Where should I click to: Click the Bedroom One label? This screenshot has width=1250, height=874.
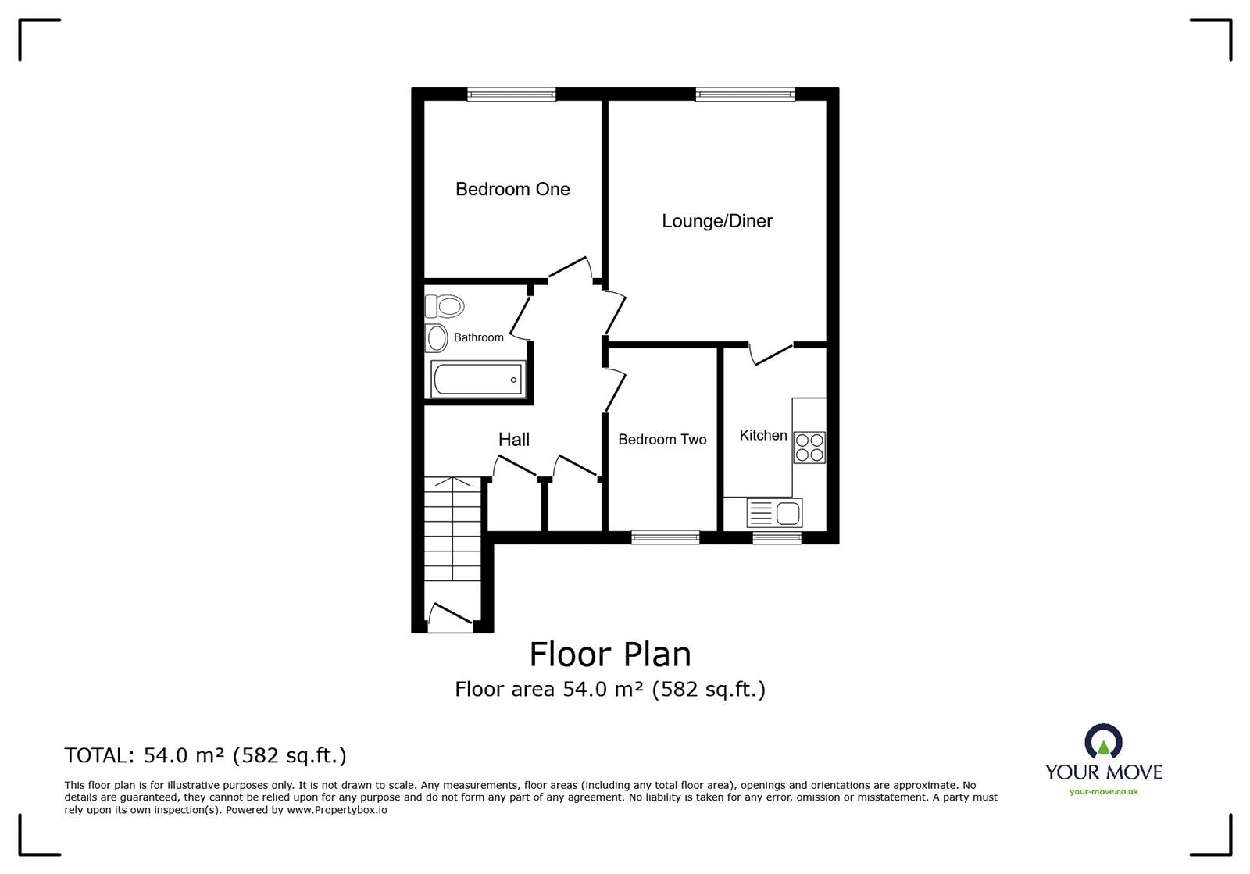point(512,189)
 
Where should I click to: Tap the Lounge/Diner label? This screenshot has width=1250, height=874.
point(717,221)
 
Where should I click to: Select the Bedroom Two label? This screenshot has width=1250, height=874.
point(662,440)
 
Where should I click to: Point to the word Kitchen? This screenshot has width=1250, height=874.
point(762,435)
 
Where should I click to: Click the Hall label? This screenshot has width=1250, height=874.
point(513,440)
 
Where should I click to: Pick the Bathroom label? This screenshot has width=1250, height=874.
point(478,337)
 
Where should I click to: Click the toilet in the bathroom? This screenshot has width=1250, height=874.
point(445,306)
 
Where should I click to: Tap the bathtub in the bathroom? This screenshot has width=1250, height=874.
point(478,380)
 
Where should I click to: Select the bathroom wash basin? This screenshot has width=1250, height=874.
point(437,338)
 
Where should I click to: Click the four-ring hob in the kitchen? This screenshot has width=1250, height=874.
point(809,448)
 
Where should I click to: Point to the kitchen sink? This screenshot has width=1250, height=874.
point(774,512)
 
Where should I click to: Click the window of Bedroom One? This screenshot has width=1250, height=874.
point(511,95)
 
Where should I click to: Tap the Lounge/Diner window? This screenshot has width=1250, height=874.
point(745,95)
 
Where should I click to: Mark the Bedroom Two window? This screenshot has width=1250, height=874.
point(665,537)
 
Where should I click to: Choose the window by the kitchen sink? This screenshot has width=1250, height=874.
point(777,537)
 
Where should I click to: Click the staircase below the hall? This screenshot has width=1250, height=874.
point(452,529)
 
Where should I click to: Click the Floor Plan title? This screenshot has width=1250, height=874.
point(610,655)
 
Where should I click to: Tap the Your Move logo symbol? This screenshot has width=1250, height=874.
point(1103,741)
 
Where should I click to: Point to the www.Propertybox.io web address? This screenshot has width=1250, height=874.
point(337,810)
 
